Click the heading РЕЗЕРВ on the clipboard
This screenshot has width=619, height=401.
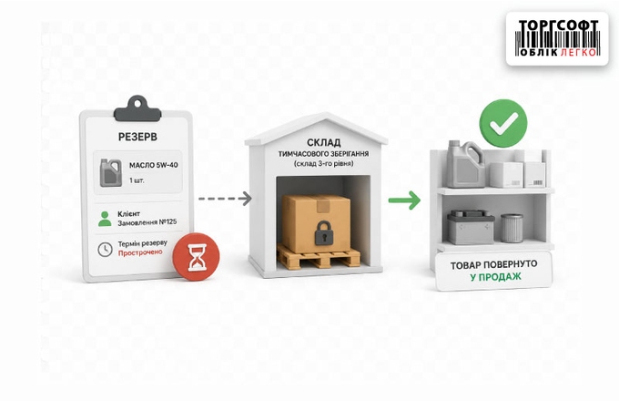click(x=137, y=137)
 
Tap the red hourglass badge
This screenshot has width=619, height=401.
click(x=197, y=257)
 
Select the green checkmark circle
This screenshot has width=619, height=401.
click(x=503, y=123)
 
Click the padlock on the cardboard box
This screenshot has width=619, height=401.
click(x=324, y=232)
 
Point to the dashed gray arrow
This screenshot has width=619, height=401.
click(x=225, y=199)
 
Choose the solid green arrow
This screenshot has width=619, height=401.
click(x=404, y=200)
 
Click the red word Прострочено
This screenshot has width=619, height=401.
click(x=140, y=252)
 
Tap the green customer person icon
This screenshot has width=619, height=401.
click(x=105, y=219)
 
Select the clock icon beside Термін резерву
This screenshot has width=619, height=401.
click(x=105, y=250)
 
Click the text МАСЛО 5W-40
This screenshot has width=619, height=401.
click(x=154, y=165)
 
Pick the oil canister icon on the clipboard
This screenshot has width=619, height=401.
click(x=111, y=172)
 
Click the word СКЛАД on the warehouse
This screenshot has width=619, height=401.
click(x=324, y=142)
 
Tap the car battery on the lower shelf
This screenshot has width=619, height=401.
click(x=471, y=227)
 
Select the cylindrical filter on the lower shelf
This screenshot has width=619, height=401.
click(x=512, y=228)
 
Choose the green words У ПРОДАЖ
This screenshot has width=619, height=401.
click(x=495, y=277)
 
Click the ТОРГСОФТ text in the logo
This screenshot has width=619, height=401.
click(x=558, y=26)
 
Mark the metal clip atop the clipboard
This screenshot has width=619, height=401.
click(x=137, y=108)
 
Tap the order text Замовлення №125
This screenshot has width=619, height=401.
click(x=147, y=222)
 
